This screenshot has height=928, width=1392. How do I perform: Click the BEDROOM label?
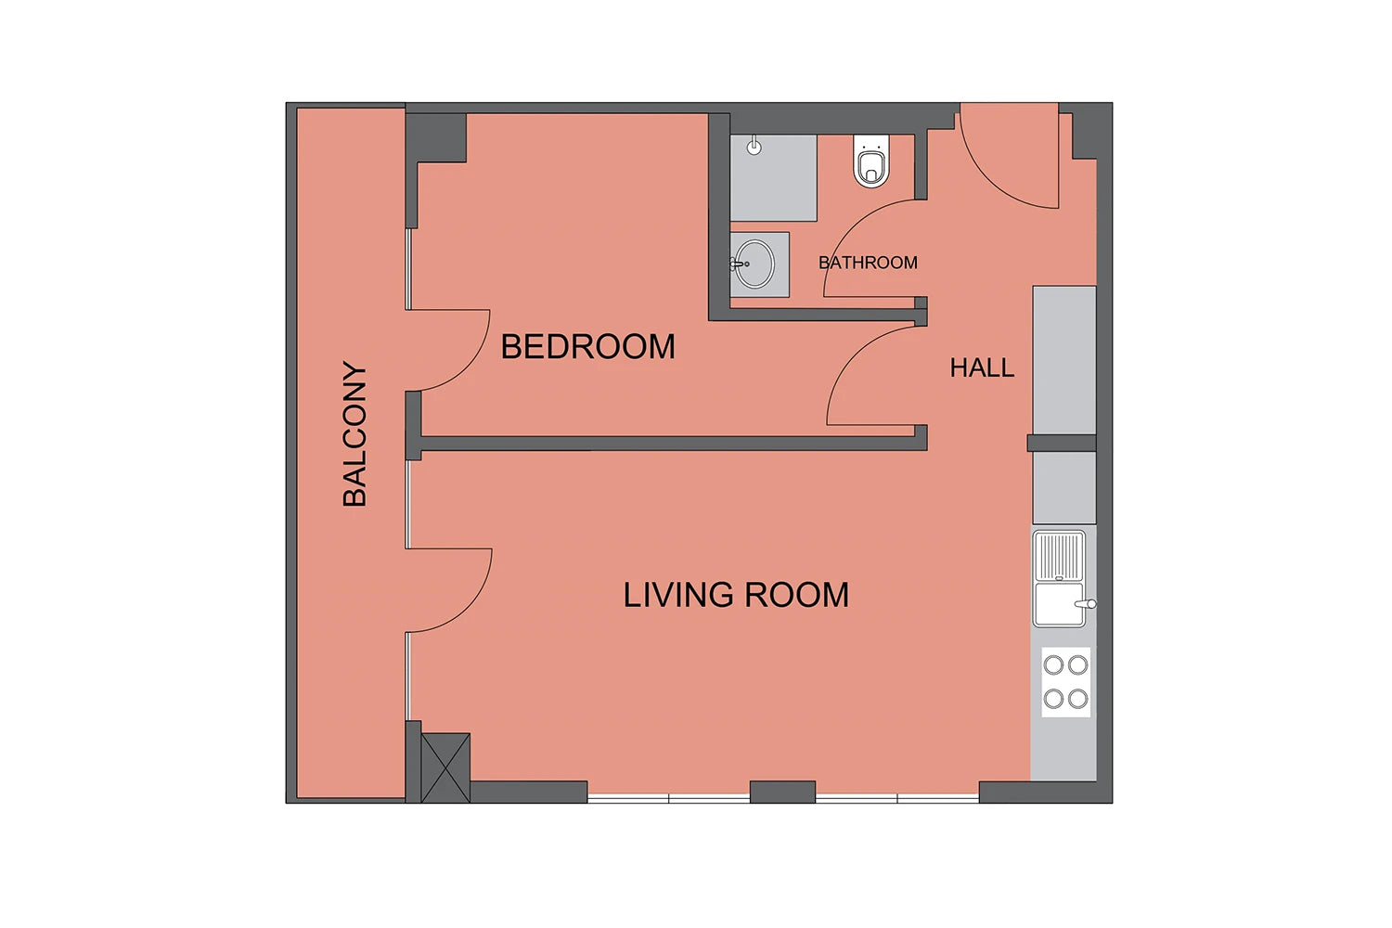point(587,346)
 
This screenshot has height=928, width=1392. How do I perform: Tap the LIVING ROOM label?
point(736,595)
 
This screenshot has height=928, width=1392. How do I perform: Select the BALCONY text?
point(354,433)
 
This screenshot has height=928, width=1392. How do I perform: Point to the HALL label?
point(982,368)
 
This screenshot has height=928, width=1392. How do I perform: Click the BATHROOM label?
point(868,263)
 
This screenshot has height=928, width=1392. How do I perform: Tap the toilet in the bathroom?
point(871,161)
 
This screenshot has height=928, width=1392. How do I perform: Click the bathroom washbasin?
point(754,264)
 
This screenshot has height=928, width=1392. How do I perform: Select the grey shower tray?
point(773,178)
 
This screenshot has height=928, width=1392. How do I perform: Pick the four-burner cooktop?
point(1065,682)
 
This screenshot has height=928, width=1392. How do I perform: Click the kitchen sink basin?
point(1059,603)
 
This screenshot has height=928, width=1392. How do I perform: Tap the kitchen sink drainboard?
point(1059,556)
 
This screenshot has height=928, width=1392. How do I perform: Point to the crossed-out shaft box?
point(445,767)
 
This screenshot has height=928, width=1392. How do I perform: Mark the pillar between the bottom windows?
point(782,792)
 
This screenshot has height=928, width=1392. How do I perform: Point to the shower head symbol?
point(754,146)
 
